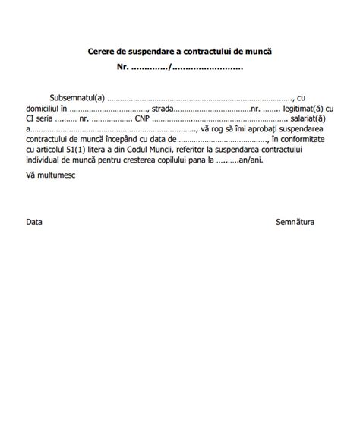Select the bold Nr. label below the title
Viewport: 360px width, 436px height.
pyautogui.click(x=122, y=67)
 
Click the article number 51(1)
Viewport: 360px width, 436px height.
pyautogui.click(x=74, y=150)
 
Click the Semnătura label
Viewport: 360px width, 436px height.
pyautogui.click(x=295, y=223)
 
